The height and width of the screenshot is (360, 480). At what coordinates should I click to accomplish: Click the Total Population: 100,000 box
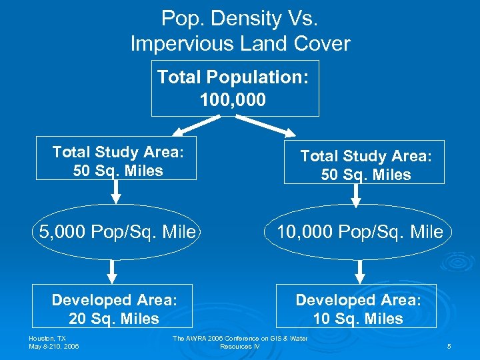(235, 88)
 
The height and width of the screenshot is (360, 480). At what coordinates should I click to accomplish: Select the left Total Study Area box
(116, 161)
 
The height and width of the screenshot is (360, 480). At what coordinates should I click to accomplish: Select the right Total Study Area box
(364, 165)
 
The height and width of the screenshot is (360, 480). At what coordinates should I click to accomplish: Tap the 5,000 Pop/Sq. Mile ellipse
(117, 232)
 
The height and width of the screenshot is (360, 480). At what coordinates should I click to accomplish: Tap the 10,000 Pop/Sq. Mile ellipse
(359, 232)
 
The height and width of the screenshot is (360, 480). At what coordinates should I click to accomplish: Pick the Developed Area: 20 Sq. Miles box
(113, 309)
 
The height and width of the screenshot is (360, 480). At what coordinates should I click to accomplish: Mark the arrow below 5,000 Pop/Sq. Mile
(113, 271)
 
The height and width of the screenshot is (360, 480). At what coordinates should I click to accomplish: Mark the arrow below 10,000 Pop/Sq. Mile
(361, 271)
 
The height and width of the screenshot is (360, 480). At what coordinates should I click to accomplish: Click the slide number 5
(449, 347)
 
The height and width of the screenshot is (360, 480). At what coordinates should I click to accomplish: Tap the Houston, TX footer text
(47, 339)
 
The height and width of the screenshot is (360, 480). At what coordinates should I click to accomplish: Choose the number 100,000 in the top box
(233, 100)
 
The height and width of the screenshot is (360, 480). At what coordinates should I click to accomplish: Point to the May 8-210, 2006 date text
(53, 347)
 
